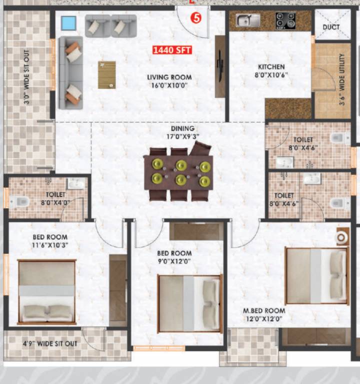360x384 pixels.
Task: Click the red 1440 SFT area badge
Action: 172,50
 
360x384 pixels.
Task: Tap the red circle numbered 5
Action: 197,18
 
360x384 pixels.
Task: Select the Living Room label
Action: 169,81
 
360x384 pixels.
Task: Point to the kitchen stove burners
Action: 285,20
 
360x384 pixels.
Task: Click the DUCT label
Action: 331,26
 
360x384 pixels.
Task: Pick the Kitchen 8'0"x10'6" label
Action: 271,70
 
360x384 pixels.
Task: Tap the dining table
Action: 178,172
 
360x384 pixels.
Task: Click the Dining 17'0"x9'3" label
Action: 182,132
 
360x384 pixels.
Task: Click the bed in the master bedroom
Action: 316,276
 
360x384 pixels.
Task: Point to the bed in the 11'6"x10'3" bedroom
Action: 47,291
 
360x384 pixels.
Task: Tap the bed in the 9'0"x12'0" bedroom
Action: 190,303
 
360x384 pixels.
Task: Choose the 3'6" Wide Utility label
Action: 342,78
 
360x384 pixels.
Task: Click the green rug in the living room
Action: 106,75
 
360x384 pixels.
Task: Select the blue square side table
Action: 68,23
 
